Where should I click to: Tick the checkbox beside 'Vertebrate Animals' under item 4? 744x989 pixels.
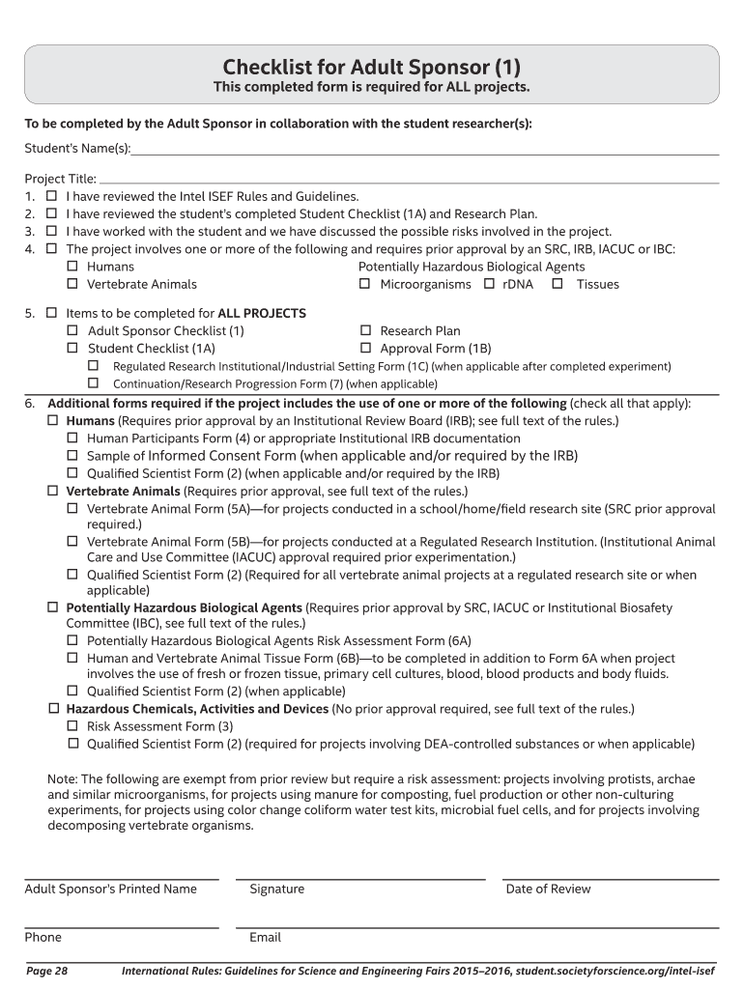click(72, 284)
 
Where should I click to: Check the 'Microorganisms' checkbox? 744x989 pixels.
click(365, 284)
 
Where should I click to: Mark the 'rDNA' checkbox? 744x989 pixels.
click(489, 284)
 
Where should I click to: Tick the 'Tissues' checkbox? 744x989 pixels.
click(558, 284)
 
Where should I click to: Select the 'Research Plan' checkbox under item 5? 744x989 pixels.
click(365, 330)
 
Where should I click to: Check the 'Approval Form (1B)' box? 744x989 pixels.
click(365, 348)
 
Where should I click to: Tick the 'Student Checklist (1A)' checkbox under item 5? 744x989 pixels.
click(72, 348)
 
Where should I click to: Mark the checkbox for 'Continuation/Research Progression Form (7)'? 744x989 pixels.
click(94, 383)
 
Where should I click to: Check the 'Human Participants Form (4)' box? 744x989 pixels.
click(72, 438)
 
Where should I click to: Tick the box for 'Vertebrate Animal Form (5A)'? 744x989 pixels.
click(72, 508)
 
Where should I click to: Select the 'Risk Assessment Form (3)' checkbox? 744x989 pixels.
click(72, 725)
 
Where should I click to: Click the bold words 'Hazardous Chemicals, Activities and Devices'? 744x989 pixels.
click(197, 709)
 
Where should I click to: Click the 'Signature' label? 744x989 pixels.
click(276, 889)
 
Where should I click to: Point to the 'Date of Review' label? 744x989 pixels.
click(548, 889)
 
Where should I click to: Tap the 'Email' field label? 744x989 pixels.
click(265, 937)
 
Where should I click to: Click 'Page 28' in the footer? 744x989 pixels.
click(46, 970)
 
